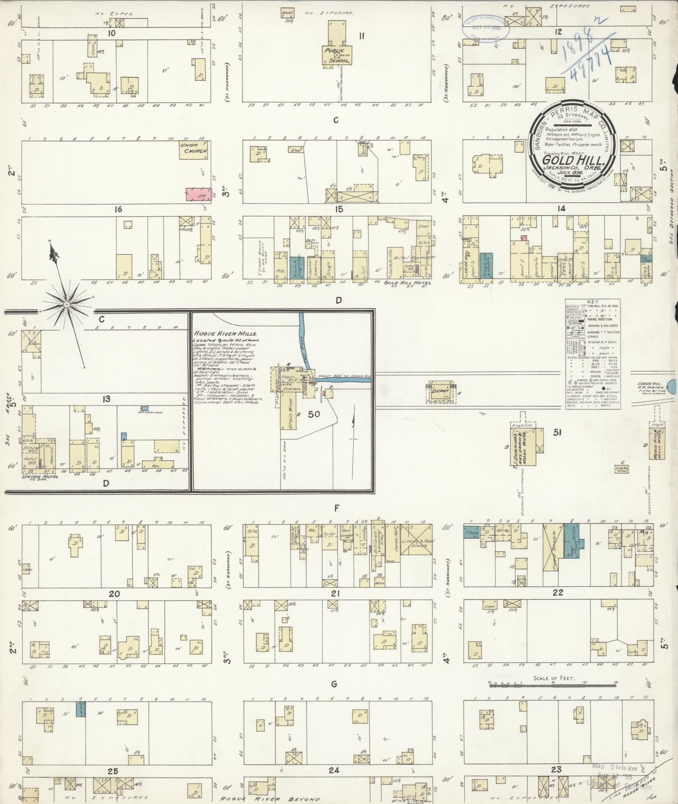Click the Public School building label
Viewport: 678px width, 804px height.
point(336,56)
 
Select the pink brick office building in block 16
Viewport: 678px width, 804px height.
point(199,194)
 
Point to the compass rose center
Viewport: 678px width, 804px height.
point(66,303)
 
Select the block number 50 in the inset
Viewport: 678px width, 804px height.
point(314,414)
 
